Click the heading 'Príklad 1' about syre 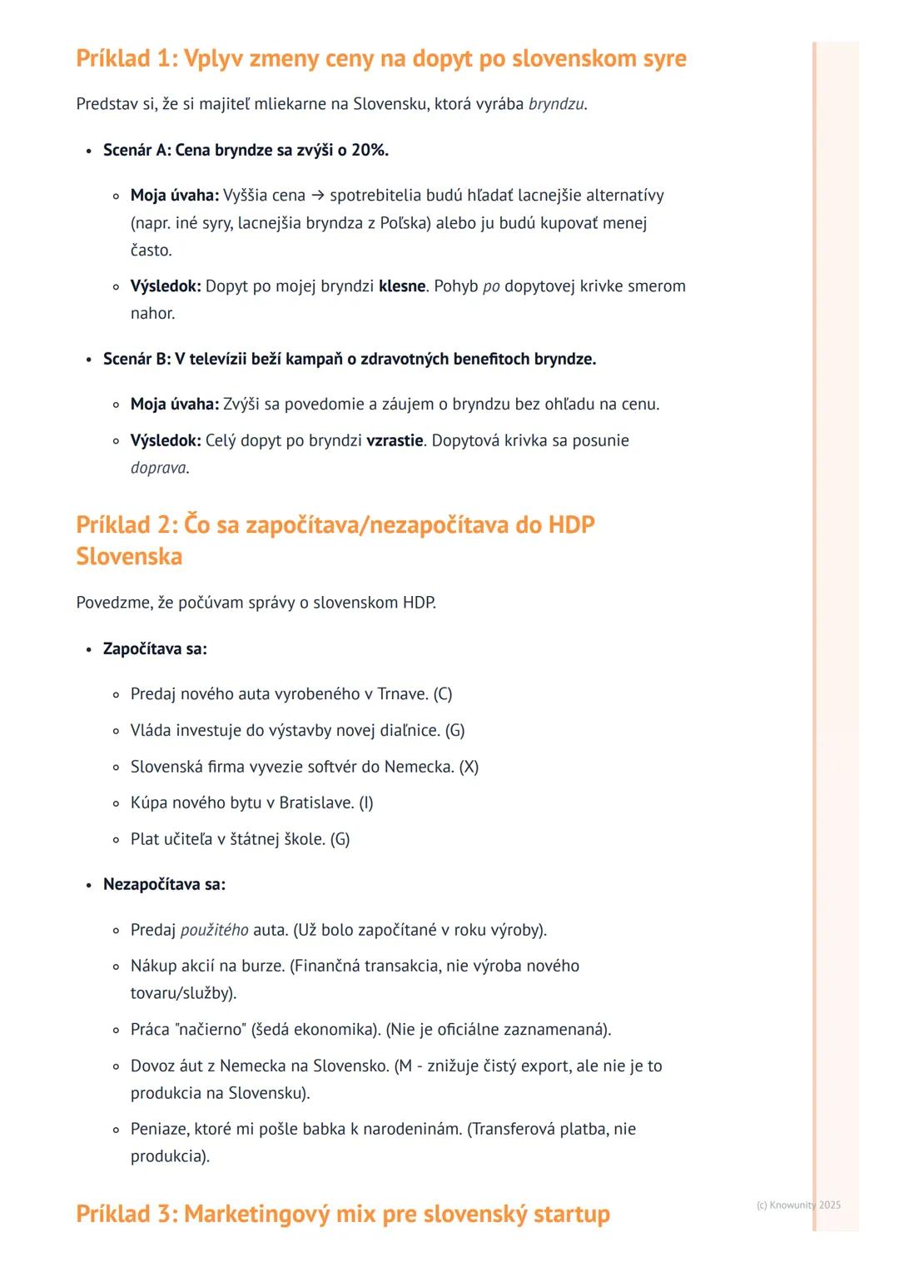click(380, 59)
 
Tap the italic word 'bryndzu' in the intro click(556, 104)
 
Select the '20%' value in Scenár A click(369, 150)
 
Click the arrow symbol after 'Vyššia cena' click(317, 196)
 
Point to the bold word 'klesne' click(402, 286)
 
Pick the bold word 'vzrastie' click(395, 440)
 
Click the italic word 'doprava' click(158, 468)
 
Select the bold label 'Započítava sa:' click(155, 649)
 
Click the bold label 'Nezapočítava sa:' click(164, 885)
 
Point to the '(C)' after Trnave click(442, 694)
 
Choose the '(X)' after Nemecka click(469, 767)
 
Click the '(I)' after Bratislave click(365, 803)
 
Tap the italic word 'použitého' click(214, 930)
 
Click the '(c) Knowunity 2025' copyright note click(798, 1205)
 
